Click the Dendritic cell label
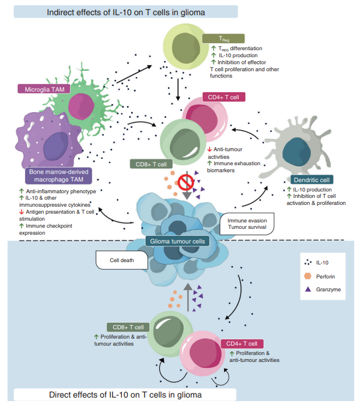312,180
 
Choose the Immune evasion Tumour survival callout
245,223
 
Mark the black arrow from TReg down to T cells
177,87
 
